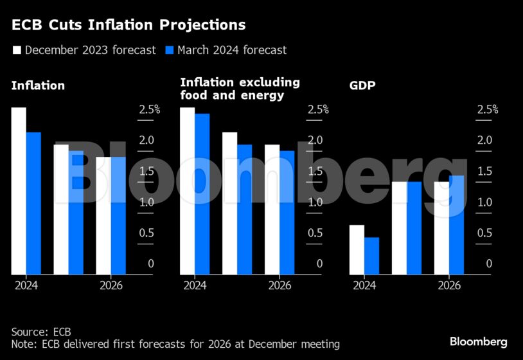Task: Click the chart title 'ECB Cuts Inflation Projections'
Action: [129, 25]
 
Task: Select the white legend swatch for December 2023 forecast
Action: [16, 50]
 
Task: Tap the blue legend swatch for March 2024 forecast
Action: [169, 50]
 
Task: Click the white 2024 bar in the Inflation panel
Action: [19, 191]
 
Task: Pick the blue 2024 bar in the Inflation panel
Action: [33, 203]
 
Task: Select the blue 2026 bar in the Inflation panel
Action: [118, 215]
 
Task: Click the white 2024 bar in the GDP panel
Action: [357, 249]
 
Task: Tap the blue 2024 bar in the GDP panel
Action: [371, 256]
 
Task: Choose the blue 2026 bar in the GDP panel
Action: [456, 225]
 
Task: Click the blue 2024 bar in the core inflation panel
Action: [202, 194]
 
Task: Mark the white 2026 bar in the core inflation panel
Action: [272, 210]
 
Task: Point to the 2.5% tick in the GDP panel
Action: [487, 110]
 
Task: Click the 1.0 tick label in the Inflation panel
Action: [146, 203]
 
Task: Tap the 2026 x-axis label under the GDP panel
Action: [449, 285]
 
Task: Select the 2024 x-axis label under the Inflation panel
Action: [26, 285]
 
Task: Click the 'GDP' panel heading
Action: [362, 85]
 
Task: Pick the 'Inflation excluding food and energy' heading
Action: [240, 89]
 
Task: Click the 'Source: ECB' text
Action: [41, 332]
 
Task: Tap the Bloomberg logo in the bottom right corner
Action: [478, 341]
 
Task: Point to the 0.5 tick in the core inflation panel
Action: [315, 233]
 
